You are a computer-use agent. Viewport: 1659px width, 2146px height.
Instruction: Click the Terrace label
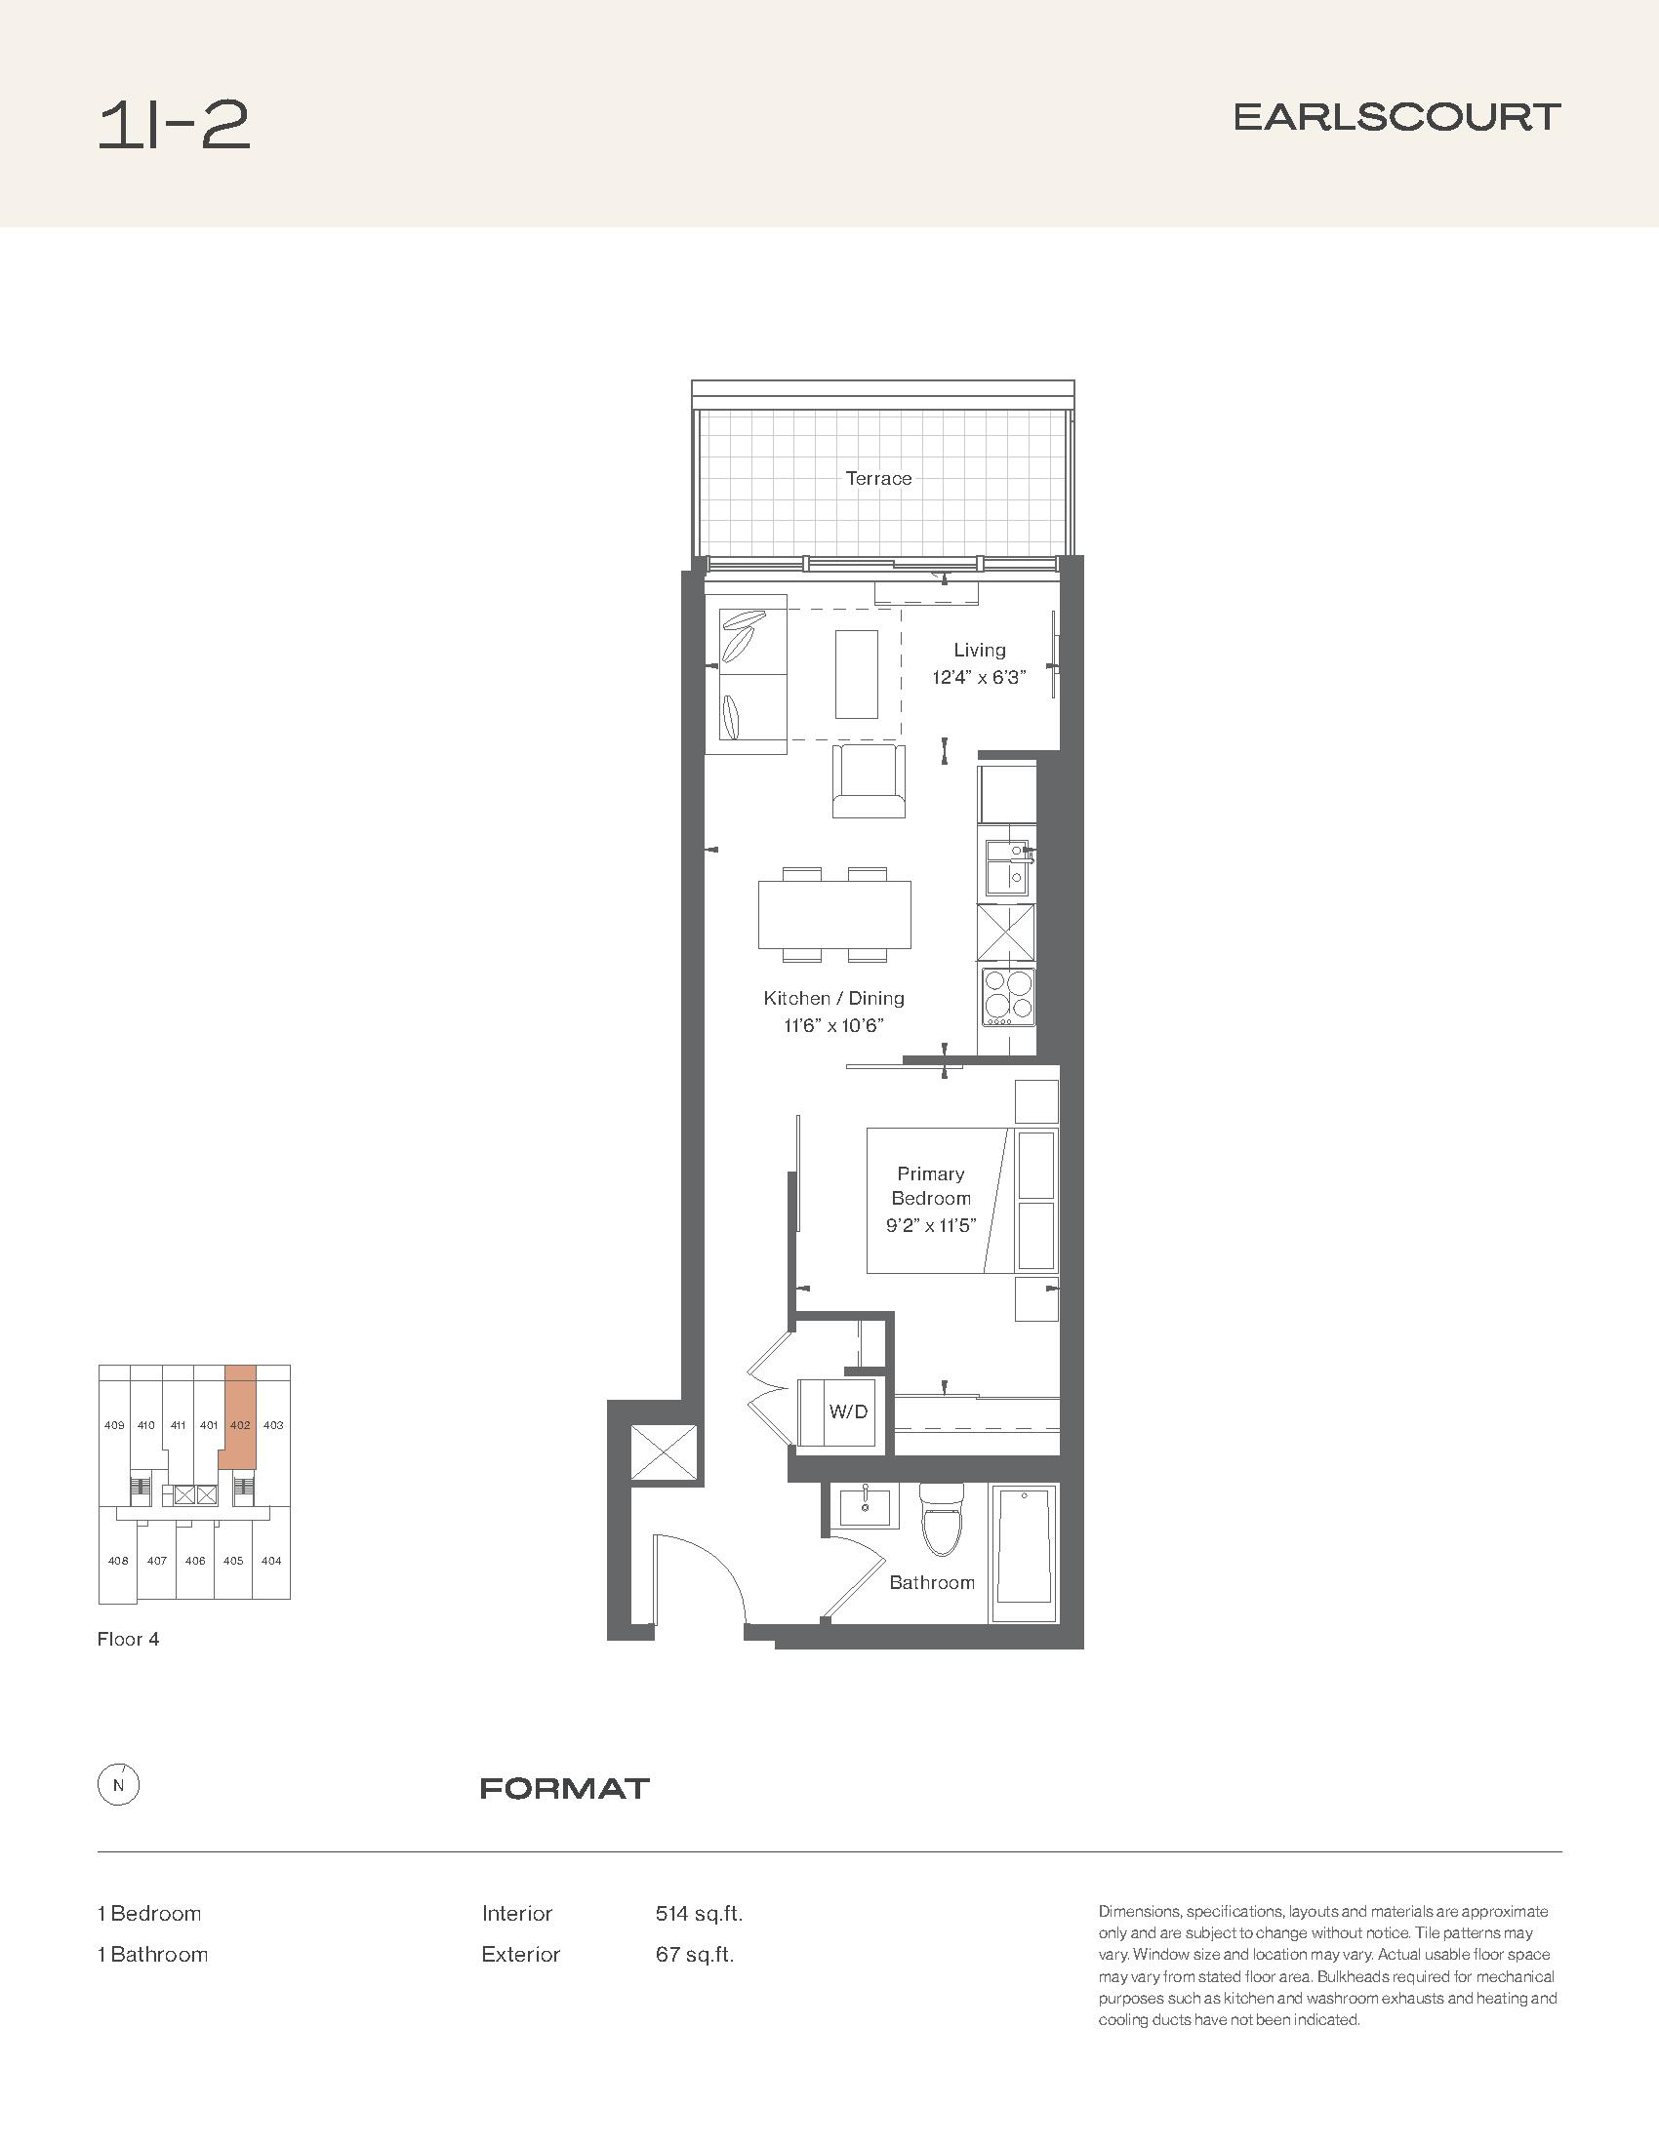(x=878, y=479)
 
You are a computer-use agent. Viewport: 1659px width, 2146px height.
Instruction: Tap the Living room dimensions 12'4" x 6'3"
(x=979, y=677)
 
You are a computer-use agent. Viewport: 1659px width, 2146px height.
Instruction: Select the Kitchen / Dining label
(x=833, y=998)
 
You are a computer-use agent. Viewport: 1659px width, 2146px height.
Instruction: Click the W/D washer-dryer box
(x=844, y=1412)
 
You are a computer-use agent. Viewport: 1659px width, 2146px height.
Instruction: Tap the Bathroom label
(x=932, y=1582)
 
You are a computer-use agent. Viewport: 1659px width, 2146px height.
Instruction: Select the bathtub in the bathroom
(x=1024, y=1554)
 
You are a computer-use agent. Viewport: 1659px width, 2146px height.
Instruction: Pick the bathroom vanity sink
(x=865, y=1506)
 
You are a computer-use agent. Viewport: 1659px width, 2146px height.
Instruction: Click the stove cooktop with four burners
(x=1007, y=997)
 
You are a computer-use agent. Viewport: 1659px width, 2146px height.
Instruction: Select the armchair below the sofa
(x=869, y=781)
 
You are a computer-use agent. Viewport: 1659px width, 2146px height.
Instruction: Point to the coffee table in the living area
(x=856, y=674)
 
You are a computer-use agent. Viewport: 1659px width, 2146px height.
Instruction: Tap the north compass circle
(x=118, y=1786)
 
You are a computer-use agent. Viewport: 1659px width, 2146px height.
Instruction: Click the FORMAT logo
(x=565, y=1788)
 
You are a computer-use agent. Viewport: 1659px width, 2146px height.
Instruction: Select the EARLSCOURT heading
(x=1396, y=117)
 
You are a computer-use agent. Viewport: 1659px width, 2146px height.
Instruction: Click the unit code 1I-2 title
(x=174, y=127)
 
